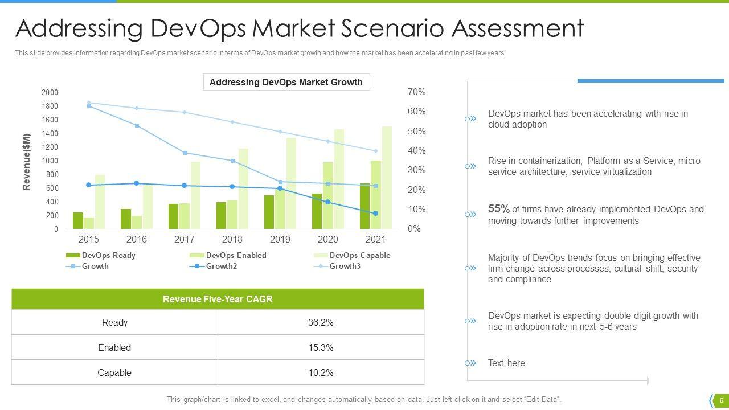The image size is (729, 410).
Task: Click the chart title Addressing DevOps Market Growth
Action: (286, 82)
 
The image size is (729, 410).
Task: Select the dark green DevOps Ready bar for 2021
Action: (364, 206)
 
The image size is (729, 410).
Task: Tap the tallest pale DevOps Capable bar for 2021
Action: (387, 178)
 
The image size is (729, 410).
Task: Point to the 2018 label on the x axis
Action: (232, 240)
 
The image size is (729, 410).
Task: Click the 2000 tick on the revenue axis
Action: (50, 93)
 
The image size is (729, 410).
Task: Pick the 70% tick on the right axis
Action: (417, 92)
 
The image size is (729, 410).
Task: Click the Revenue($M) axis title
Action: (27, 162)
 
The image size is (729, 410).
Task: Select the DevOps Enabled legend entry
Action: (236, 256)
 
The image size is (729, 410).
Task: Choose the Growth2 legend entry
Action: (221, 266)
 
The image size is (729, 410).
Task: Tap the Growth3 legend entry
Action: (345, 266)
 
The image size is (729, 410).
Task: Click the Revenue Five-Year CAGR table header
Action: (218, 299)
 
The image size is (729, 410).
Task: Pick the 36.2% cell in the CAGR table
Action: (321, 322)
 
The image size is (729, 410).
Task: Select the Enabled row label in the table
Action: (114, 347)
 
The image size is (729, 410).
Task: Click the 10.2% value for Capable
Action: (321, 372)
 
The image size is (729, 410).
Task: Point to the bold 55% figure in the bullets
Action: (498, 209)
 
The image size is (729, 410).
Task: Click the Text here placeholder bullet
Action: (506, 363)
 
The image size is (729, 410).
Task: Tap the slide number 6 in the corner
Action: (721, 400)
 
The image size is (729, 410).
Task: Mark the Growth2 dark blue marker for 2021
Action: (375, 214)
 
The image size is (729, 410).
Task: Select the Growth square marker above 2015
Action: (89, 106)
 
